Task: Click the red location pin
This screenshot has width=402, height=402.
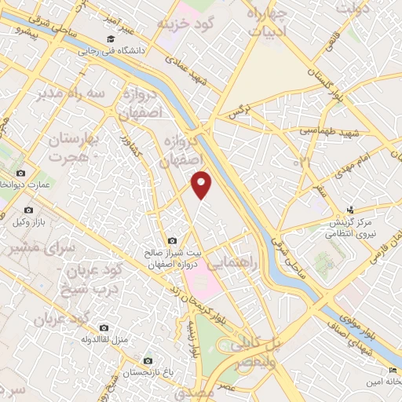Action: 203,183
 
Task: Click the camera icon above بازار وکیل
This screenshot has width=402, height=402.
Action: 29,210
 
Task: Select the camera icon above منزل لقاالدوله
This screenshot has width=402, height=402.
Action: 103,327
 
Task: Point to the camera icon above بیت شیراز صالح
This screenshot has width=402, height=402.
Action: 172,241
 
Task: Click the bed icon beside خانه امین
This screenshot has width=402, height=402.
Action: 393,370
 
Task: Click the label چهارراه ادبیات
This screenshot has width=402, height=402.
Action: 268,24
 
